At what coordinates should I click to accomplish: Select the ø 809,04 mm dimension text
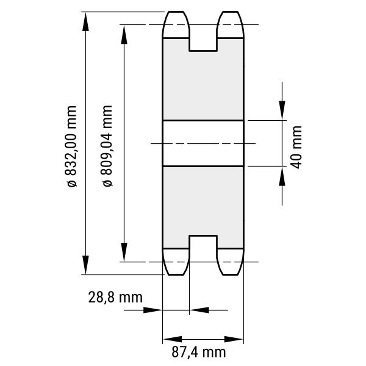107,146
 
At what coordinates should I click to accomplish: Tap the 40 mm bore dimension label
296,147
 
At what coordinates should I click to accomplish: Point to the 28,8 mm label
115,298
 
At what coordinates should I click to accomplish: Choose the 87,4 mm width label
199,352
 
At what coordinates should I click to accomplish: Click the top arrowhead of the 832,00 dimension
85,21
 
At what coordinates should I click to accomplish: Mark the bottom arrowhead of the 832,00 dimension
85,265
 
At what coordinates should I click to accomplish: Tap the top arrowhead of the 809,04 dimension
124,34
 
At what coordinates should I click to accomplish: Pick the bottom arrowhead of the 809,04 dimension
124,252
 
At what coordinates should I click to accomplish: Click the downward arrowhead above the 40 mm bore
282,110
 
